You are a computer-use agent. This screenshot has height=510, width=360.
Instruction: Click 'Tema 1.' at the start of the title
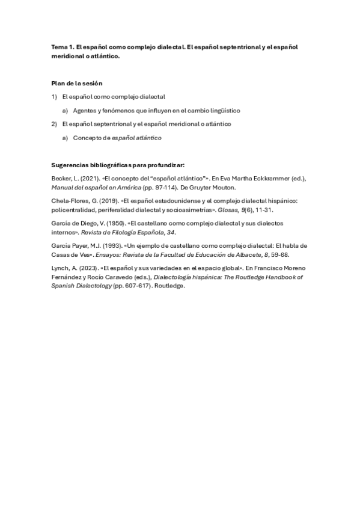pos(63,47)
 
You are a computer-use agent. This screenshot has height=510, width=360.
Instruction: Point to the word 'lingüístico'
pos(225,111)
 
